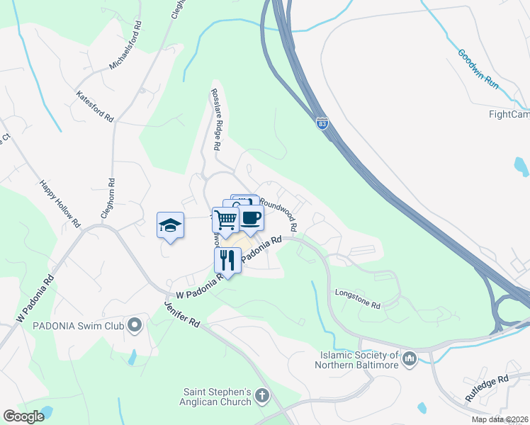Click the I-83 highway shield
coord(322,123)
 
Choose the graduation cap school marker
coord(170,225)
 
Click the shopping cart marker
coord(225,220)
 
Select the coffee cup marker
coord(250,217)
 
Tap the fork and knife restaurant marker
coord(227,259)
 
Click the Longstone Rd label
coord(359,300)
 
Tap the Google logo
coord(23,416)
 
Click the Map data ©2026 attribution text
coord(500,419)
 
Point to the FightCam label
coord(509,114)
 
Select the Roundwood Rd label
coord(277,210)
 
